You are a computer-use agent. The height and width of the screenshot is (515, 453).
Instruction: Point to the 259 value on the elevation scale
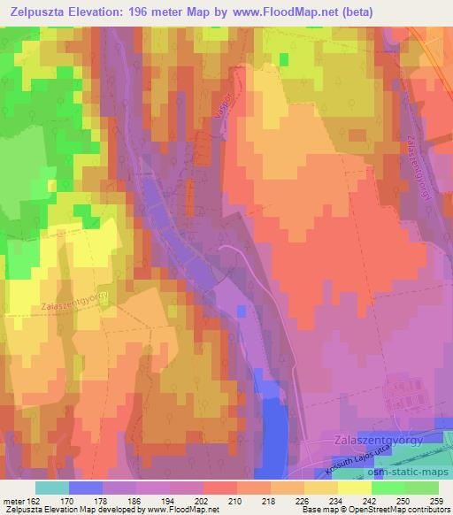[436, 500]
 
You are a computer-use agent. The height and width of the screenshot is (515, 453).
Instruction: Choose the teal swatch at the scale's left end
[52, 488]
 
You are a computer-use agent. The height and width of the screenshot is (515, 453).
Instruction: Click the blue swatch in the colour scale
[86, 488]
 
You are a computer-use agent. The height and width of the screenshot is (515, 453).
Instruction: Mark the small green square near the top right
[285, 58]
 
